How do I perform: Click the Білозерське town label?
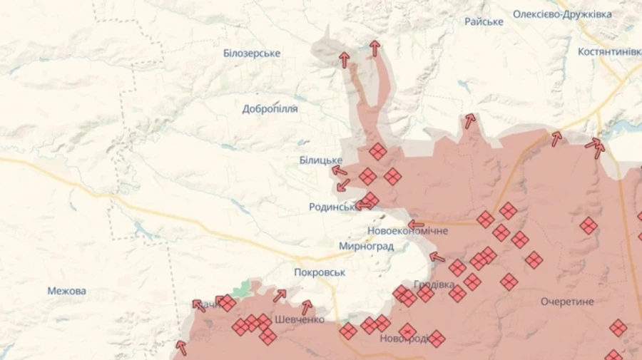pos(252,53)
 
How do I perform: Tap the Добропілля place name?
pos(270,109)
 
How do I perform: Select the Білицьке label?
pos(321,160)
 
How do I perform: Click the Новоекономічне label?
pos(408,231)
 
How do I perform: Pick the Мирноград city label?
pos(366,246)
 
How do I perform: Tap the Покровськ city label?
pos(320,272)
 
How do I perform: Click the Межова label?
pos(67,291)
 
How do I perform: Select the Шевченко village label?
pos(300,319)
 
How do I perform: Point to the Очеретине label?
pos(567,302)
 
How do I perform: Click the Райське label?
pos(484,21)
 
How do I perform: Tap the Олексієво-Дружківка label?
pos(572,14)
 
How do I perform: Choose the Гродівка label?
pos(434,284)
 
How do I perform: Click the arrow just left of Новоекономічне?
pos(416,225)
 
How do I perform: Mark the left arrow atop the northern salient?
pos(345,60)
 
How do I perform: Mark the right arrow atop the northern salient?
pos(374,48)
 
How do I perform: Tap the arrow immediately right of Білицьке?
pos(340,170)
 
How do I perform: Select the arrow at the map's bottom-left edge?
pos(181,348)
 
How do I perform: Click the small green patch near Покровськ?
pos(243,288)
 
